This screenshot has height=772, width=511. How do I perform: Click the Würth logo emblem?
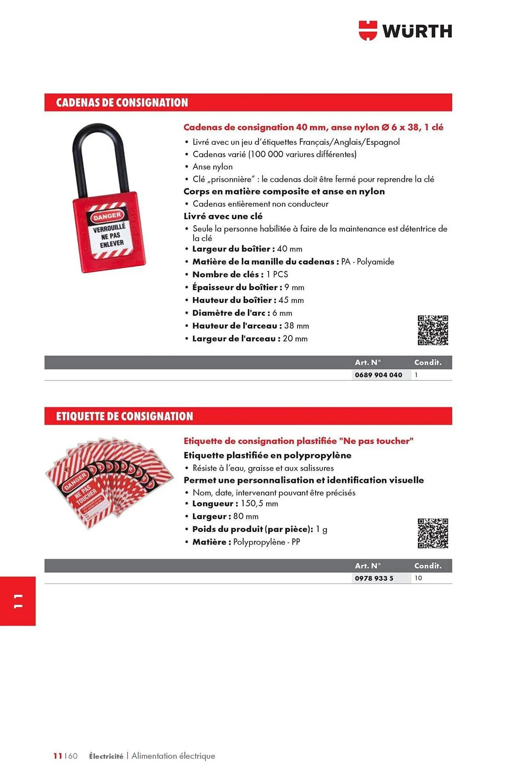(x=367, y=30)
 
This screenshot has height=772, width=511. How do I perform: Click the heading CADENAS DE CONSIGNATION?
(x=122, y=103)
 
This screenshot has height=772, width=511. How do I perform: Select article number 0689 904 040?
(x=378, y=375)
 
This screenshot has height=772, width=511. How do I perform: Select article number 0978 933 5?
(x=373, y=578)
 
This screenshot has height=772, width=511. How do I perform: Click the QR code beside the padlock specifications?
(x=433, y=330)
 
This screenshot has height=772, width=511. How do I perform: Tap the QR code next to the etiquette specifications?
(x=433, y=533)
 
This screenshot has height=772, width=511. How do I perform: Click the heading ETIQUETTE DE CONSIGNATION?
(x=124, y=416)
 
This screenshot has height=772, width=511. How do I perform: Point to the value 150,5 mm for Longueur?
(x=259, y=504)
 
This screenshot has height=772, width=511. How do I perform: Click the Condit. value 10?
(x=418, y=578)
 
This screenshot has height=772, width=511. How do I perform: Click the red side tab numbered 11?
(x=18, y=601)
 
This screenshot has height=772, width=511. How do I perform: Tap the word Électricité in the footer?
(x=106, y=756)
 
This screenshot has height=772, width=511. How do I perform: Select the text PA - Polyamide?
(x=367, y=262)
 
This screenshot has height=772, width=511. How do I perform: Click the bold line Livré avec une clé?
(x=223, y=216)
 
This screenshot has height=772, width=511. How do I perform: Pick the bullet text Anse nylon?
(x=212, y=167)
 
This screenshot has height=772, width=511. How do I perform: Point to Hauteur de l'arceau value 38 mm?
(x=296, y=326)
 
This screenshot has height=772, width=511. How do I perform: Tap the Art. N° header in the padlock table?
(x=367, y=362)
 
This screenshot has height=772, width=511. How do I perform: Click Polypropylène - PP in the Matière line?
(x=266, y=542)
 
